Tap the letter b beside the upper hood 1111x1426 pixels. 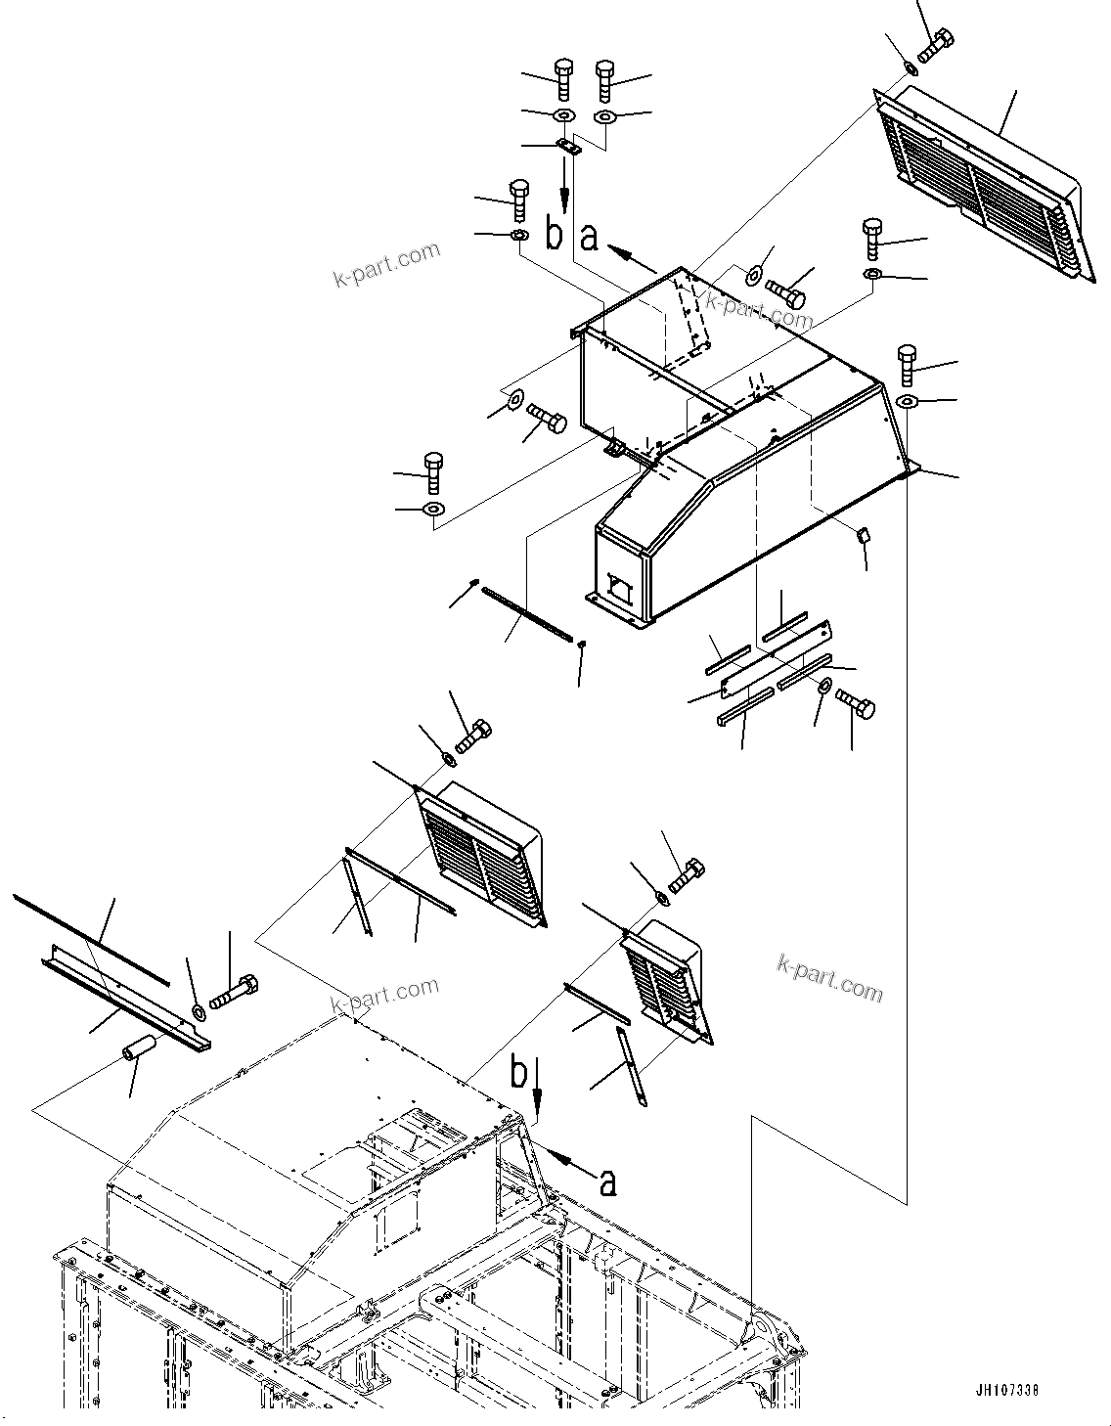coord(554,235)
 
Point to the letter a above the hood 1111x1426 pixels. coord(590,236)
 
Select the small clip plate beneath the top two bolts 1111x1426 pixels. coord(567,147)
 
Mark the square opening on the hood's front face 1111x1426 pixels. coord(619,589)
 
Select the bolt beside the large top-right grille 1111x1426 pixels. coord(935,45)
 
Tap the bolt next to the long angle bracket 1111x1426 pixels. coord(233,991)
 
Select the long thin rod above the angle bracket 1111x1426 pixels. coord(92,938)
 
